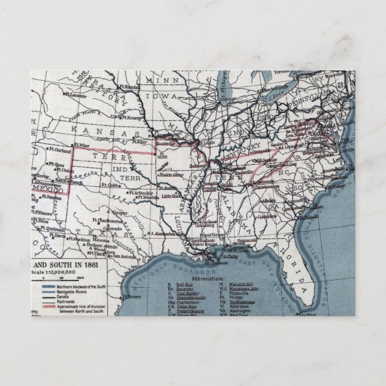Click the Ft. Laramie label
[77, 94]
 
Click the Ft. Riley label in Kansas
[139, 142]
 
